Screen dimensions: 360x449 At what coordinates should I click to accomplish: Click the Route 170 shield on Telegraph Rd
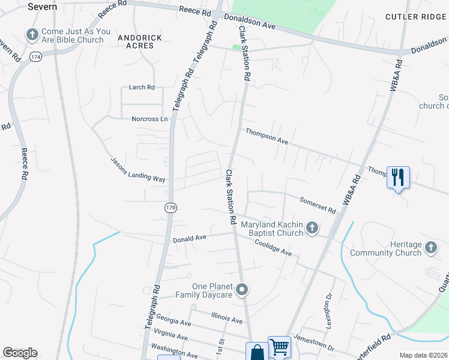tap(170, 207)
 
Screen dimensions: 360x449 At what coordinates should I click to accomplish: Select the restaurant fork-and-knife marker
tap(398, 177)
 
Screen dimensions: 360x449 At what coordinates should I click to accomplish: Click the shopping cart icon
tap(279, 346)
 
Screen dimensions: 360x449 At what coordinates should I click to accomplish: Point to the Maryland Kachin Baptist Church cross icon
tap(312, 227)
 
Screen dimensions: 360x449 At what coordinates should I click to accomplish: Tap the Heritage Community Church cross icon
tap(431, 247)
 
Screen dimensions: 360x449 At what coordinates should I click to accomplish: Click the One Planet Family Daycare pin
tap(242, 290)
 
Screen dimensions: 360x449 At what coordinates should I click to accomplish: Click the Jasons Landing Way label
tap(137, 170)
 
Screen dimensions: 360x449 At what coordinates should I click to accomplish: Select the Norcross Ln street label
tap(150, 119)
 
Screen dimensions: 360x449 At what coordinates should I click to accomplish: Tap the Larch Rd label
tap(142, 87)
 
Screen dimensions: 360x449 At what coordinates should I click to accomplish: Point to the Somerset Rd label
tap(318, 204)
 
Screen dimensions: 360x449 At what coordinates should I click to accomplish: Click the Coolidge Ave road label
tap(273, 247)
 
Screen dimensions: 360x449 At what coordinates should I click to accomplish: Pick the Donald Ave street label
tap(190, 239)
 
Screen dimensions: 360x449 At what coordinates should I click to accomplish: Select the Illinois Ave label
tap(227, 316)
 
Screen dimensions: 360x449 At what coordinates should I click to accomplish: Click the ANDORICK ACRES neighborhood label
tap(139, 41)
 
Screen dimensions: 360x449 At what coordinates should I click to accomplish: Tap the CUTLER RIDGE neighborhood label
tap(416, 17)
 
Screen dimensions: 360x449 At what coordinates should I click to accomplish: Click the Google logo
tap(20, 353)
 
